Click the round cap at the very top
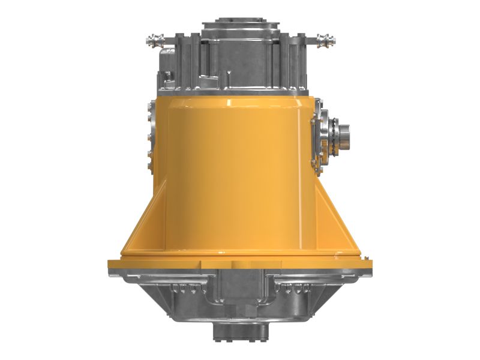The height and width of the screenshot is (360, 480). (240, 26)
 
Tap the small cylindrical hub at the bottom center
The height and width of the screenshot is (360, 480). (240, 331)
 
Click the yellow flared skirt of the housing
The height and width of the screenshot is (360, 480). (240, 228)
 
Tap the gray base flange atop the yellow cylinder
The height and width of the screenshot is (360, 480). (240, 91)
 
